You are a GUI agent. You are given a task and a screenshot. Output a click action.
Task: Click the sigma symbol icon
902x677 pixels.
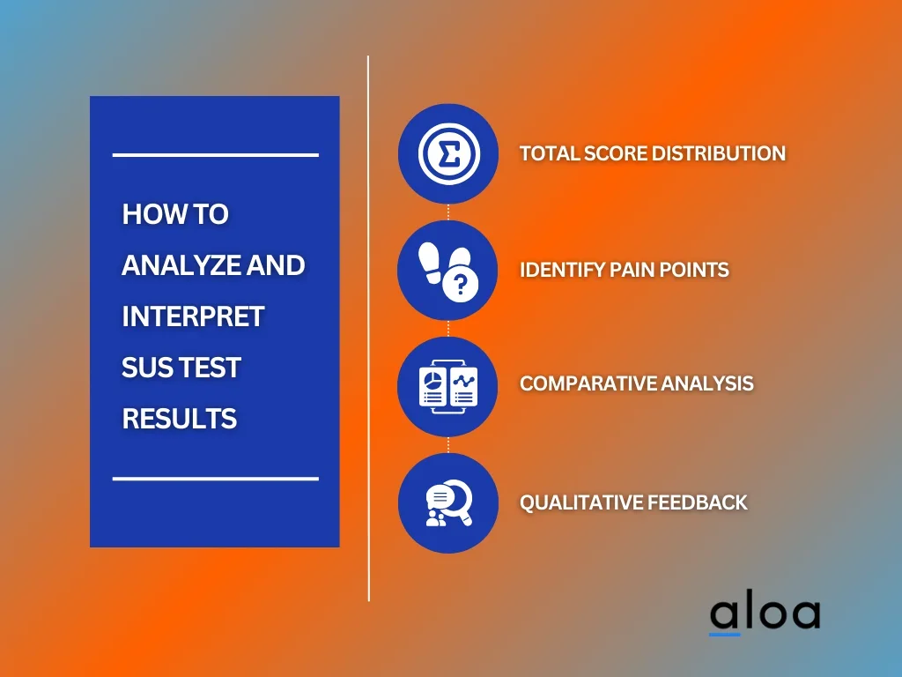point(448,153)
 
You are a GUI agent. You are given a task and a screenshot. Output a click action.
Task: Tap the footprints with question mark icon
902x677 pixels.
point(448,271)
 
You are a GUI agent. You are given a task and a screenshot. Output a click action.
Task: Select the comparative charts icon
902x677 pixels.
point(448,386)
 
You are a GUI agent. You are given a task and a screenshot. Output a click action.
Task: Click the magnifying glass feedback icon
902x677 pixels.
point(449,502)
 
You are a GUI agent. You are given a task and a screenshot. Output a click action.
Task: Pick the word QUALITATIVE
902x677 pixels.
point(581,502)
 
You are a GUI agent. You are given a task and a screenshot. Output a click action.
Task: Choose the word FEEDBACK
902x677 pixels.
point(698,502)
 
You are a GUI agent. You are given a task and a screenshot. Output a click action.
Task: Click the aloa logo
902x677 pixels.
point(765,614)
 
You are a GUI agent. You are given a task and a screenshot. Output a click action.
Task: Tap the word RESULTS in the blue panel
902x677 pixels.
point(180,419)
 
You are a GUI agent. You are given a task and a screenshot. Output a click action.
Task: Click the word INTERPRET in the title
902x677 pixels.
point(193,316)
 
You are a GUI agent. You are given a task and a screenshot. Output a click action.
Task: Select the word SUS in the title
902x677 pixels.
point(144,368)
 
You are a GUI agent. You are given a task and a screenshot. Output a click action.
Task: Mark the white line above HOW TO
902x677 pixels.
point(216,155)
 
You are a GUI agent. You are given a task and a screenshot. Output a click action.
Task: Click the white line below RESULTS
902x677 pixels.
point(216,479)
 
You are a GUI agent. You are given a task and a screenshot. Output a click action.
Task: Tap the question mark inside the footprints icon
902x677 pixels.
point(460,285)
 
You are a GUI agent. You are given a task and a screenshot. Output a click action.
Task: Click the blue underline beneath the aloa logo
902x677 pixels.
point(724,635)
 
